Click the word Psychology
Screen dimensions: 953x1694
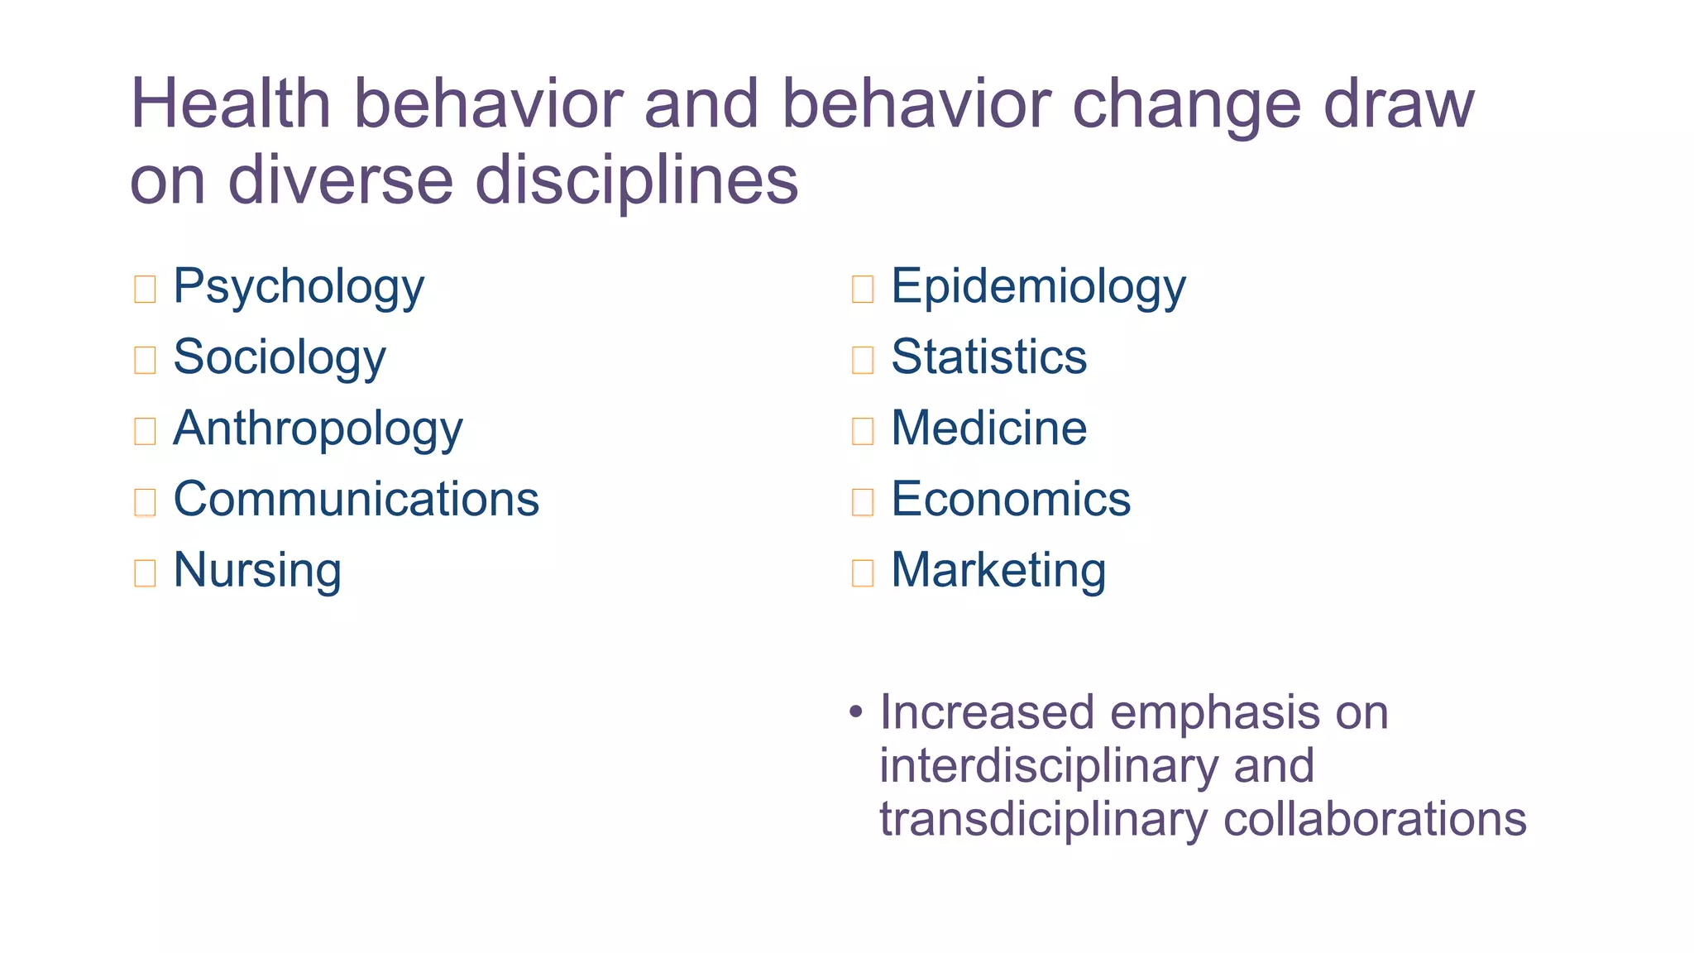click(x=299, y=287)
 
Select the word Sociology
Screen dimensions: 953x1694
click(x=280, y=358)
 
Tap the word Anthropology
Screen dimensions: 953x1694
click(x=318, y=429)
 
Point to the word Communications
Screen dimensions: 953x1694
click(x=357, y=499)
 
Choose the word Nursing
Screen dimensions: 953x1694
click(x=257, y=571)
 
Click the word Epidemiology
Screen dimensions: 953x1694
click(x=1038, y=287)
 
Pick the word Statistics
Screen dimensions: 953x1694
click(x=988, y=357)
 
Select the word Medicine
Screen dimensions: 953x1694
click(x=988, y=429)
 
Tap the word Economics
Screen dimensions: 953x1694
click(x=1011, y=499)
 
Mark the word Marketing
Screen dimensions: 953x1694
click(x=998, y=571)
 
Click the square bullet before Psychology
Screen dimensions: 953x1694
click(x=145, y=289)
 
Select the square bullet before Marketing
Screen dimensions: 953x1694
click(x=863, y=572)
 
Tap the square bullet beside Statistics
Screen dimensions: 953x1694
click(x=863, y=360)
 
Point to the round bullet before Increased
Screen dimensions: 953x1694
click(x=856, y=712)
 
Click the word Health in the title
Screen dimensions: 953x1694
click(x=231, y=104)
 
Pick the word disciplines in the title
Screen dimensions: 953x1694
click(x=637, y=180)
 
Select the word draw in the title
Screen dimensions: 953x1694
click(x=1399, y=104)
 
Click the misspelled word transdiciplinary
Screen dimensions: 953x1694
click(x=1043, y=819)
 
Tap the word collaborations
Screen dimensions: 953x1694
click(x=1375, y=819)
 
